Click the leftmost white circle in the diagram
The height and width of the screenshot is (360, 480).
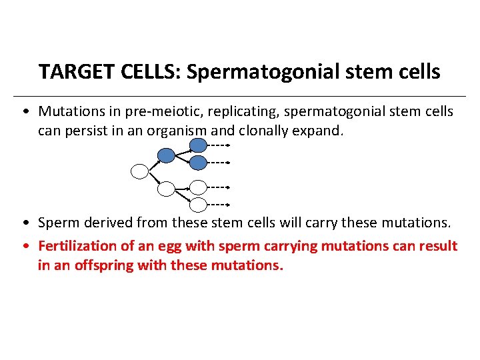[139, 172]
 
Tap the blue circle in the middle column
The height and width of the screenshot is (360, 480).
[166, 155]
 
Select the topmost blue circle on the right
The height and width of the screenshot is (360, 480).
[198, 145]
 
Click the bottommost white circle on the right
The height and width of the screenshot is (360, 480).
[198, 204]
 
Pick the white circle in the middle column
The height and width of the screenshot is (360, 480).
[166, 189]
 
